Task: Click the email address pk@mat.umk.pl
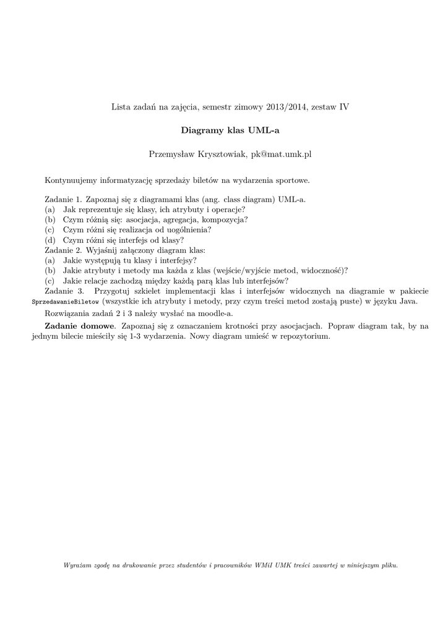(x=281, y=154)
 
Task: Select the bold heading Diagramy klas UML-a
(x=230, y=130)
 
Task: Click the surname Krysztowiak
(x=221, y=154)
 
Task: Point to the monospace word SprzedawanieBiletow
(x=65, y=302)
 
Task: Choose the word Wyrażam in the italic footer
(x=77, y=565)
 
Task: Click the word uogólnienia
(x=189, y=229)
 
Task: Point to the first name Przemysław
(x=171, y=154)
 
